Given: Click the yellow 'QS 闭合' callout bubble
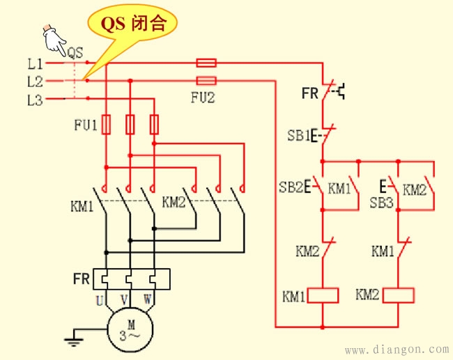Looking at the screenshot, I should coord(133,24).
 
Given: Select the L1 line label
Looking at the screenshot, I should coord(35,63).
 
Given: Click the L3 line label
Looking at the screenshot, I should coord(35,100).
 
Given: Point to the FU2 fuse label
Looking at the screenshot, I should coord(203,98).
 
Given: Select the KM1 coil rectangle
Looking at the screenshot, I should coord(323,295).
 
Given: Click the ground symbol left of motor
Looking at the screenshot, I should coord(70,341).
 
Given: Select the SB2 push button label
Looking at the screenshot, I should coord(293,188).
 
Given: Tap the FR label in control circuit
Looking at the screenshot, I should coord(310,92).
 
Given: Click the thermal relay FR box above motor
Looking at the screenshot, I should coord(130,280).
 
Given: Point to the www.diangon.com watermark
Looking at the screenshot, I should coord(397,349).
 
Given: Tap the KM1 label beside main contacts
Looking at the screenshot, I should coord(82,206).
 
